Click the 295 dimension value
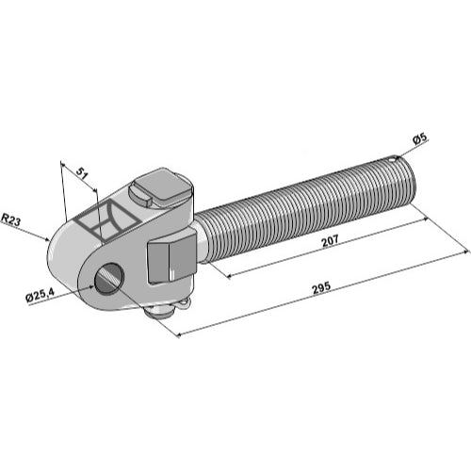point(321,287)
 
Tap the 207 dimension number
point(330,240)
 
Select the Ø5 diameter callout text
point(420,138)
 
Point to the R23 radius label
point(10,219)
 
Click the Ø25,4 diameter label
point(41,296)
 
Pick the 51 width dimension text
point(81,173)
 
